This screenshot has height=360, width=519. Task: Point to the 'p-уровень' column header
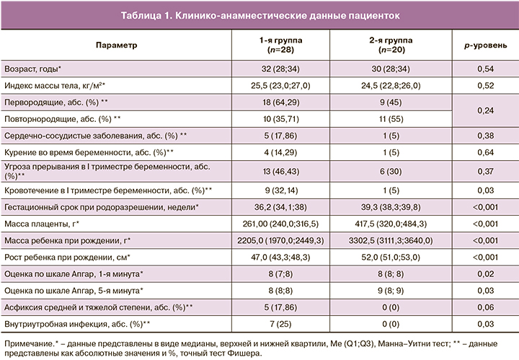point(484,45)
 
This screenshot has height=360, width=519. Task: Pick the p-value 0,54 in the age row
point(484,69)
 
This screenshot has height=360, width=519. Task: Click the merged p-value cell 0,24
point(484,110)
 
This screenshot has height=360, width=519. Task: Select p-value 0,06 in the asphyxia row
point(484,306)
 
